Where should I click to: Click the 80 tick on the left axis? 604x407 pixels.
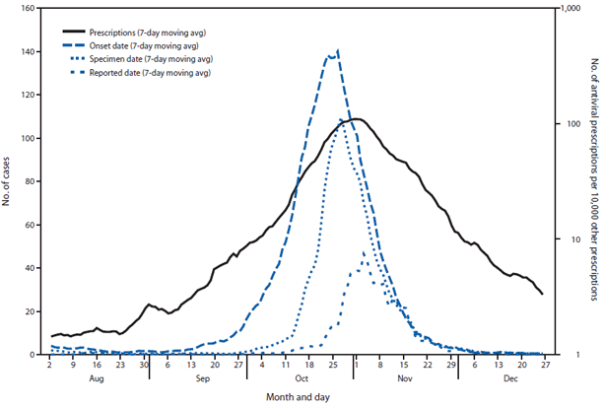pyautogui.click(x=29, y=182)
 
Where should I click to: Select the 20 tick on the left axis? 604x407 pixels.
pyautogui.click(x=29, y=311)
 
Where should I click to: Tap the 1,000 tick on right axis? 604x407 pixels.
pyautogui.click(x=568, y=9)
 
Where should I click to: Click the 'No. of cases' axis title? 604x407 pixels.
pyautogui.click(x=9, y=182)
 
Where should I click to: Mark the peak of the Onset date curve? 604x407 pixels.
pyautogui.click(x=338, y=50)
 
